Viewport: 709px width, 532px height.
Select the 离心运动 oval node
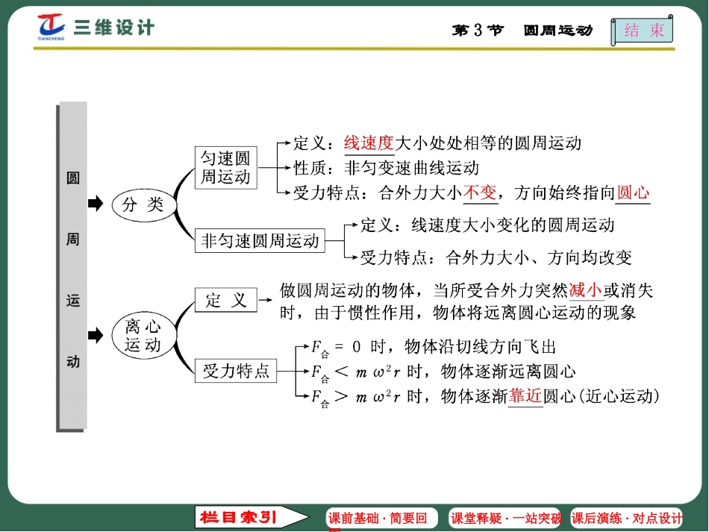click(143, 336)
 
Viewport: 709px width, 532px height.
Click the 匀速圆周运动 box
click(225, 168)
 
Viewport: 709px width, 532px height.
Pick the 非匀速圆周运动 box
click(260, 240)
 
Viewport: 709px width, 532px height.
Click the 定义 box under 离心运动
click(225, 300)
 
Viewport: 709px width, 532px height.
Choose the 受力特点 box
click(236, 370)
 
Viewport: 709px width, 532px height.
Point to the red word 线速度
click(368, 143)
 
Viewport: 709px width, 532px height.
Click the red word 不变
click(480, 193)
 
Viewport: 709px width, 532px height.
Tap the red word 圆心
click(634, 193)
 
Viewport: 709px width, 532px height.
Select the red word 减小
click(585, 290)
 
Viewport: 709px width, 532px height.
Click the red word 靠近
click(525, 395)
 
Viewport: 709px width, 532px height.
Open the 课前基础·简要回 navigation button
click(378, 519)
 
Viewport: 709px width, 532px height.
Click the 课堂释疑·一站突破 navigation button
click(505, 519)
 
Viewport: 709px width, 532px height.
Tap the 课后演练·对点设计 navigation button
click(627, 519)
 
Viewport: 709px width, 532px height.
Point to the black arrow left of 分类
click(95, 204)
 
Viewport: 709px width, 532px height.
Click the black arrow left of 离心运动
click(95, 336)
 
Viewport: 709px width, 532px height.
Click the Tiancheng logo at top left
click(52, 27)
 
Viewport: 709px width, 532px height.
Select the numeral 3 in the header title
click(478, 31)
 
